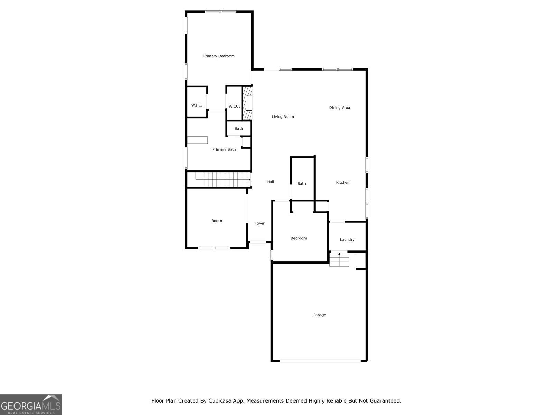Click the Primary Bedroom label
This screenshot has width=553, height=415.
pyautogui.click(x=219, y=56)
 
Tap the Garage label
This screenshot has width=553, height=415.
pyautogui.click(x=319, y=315)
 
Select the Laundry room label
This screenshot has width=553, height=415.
pyautogui.click(x=347, y=240)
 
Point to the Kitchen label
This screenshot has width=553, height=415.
pyautogui.click(x=343, y=183)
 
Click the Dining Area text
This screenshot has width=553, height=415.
pyautogui.click(x=339, y=108)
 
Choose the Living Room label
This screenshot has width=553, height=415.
pyautogui.click(x=283, y=117)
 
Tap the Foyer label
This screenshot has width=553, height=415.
pyautogui.click(x=260, y=223)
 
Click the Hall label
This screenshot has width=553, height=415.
pyautogui.click(x=270, y=182)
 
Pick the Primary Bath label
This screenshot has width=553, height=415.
pyautogui.click(x=224, y=149)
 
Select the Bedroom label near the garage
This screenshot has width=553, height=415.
pyautogui.click(x=299, y=238)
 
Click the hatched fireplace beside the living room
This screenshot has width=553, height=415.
pyautogui.click(x=247, y=103)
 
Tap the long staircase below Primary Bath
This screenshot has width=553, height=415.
pyautogui.click(x=223, y=180)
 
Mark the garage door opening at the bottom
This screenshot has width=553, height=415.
pyautogui.click(x=320, y=361)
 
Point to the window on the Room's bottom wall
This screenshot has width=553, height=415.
pyautogui.click(x=214, y=248)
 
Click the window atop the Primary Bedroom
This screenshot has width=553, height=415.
pyautogui.click(x=221, y=12)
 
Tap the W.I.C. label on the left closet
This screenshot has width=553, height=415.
pyautogui.click(x=197, y=105)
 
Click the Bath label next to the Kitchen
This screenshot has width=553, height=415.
pyautogui.click(x=301, y=184)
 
